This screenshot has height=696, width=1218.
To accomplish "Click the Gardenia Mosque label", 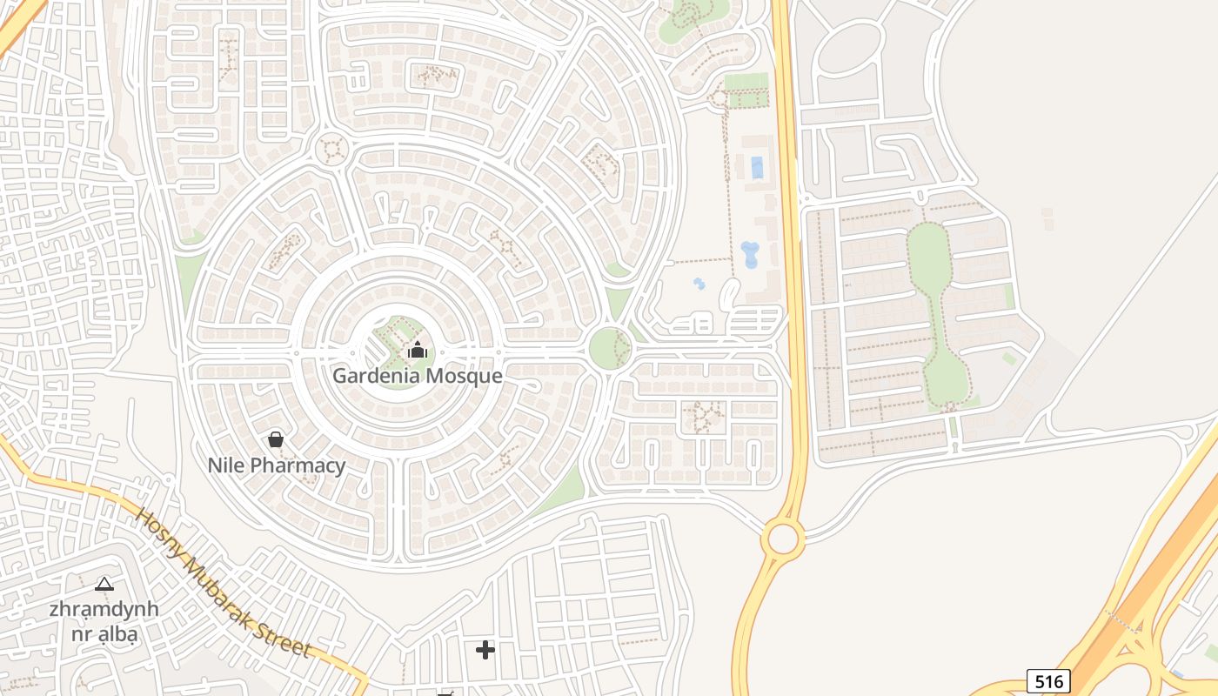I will [x=418, y=376].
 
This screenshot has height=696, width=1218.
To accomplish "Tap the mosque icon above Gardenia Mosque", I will [x=418, y=351].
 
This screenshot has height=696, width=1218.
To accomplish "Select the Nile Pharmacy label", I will [x=277, y=465].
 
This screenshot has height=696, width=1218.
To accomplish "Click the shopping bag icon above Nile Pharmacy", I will [x=276, y=439].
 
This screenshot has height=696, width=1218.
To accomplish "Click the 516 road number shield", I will [x=1048, y=680].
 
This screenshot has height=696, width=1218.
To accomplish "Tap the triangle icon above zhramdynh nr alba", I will [x=104, y=584].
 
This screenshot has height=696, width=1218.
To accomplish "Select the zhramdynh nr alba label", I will [x=104, y=621].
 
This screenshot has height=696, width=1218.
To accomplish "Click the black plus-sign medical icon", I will [x=485, y=649].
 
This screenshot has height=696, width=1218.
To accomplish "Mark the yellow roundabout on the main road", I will [x=783, y=539].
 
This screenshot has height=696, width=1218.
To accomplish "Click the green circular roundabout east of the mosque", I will [x=610, y=348].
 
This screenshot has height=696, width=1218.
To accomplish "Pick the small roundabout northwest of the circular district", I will [x=331, y=149].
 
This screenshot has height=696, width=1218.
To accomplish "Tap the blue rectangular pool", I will [x=757, y=167].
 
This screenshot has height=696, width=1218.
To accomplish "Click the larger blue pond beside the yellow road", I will [x=749, y=255].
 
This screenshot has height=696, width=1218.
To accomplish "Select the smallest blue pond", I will [x=699, y=284].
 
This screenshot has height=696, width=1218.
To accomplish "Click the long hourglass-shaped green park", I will [x=938, y=313].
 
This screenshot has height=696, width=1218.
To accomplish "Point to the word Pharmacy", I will [x=298, y=465].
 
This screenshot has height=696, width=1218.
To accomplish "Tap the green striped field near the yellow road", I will [x=746, y=90].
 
